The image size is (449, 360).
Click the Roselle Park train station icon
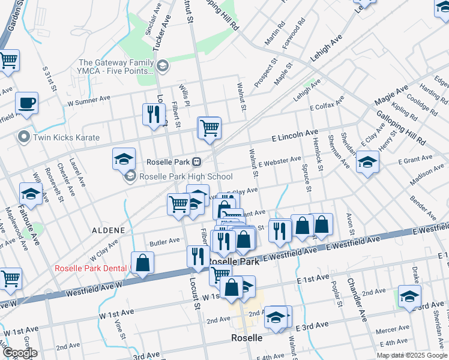pyautogui.click(x=196, y=162)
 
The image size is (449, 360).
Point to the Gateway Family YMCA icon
pyautogui.click(x=162, y=65)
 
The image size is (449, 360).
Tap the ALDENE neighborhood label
pyautogui.click(x=109, y=230)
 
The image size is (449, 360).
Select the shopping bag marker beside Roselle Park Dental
pyautogui.click(x=142, y=263)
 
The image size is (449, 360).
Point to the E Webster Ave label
pyautogui.click(x=280, y=161)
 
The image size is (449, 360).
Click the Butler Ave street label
pyautogui.click(x=165, y=241)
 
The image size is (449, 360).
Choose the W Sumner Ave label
pyautogui.click(x=89, y=100)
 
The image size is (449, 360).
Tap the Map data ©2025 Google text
pyautogui.click(x=411, y=355)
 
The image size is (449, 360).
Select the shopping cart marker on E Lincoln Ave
pyautogui.click(x=209, y=128)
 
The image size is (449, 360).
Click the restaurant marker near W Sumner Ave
pyautogui.click(x=154, y=113)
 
